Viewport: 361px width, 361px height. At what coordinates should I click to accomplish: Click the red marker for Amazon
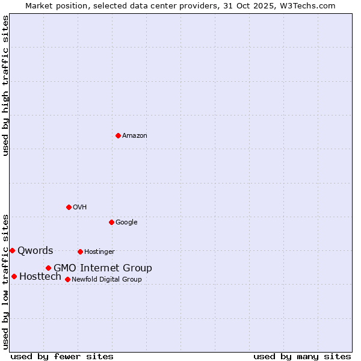pos(118,135)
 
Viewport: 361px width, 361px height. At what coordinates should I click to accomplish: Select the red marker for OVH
pos(69,207)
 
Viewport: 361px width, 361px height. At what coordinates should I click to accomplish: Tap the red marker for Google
pos(111,222)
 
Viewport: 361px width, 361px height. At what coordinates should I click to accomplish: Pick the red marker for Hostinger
pos(80,251)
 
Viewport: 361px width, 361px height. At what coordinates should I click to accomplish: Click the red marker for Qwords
pos(12,250)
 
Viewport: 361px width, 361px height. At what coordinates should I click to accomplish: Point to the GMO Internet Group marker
pos(48,268)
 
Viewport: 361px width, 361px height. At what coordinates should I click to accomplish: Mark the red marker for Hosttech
pos(14,276)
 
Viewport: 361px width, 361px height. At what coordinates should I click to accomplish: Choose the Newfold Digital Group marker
pos(67,279)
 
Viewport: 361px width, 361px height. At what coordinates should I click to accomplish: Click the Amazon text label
pos(135,135)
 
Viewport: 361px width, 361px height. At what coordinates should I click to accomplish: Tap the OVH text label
pos(80,207)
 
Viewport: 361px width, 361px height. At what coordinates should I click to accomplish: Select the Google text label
pos(126,222)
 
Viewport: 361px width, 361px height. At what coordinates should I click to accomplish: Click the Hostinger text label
pos(99,251)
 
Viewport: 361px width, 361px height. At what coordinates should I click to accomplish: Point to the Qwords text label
pos(35,250)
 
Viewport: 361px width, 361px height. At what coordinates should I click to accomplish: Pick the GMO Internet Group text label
pos(103,268)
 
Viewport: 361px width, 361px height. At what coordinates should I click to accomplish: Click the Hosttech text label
pos(40,276)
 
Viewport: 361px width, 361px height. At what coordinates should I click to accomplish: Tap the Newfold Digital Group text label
pos(106,279)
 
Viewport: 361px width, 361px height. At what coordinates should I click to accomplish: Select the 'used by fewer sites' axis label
pos(62,356)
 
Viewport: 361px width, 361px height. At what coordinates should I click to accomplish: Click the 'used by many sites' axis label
pos(302,356)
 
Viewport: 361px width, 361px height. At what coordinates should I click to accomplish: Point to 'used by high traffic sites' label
pos(5,85)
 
